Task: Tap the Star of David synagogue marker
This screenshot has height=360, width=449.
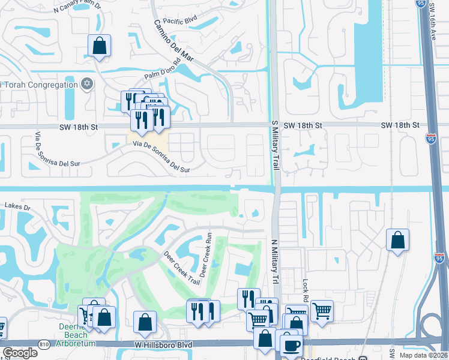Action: click(87, 84)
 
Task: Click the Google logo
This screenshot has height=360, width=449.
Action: click(20, 353)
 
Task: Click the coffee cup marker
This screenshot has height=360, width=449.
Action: click(291, 346)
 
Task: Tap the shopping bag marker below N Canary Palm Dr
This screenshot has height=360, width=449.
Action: click(99, 46)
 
